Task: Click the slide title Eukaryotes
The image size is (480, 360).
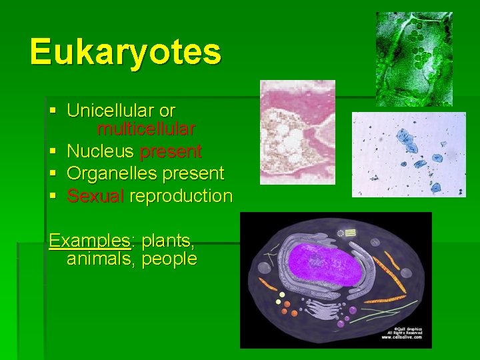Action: [125, 51]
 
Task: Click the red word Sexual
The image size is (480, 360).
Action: [95, 196]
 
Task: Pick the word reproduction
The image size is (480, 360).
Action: [181, 196]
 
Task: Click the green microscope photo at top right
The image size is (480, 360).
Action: [414, 59]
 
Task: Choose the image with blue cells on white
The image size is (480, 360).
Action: [409, 154]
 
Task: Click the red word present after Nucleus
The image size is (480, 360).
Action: [171, 151]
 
